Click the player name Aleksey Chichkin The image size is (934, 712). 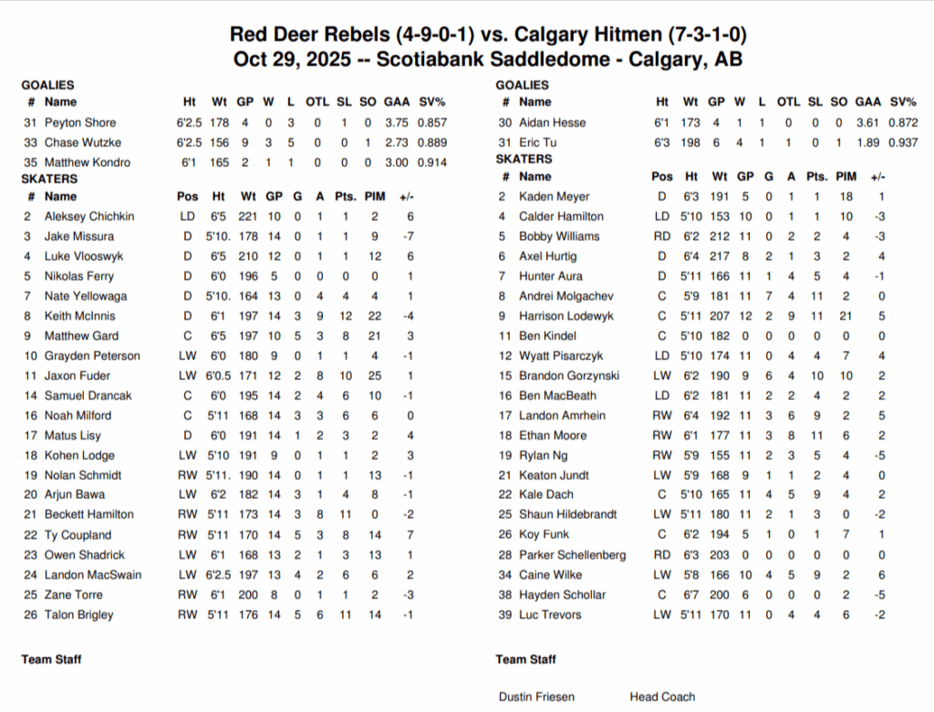[89, 217]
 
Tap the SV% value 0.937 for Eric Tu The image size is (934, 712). [903, 142]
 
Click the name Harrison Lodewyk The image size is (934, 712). [566, 316]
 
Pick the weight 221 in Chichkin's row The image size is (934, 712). [249, 217]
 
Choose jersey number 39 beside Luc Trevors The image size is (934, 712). [503, 614]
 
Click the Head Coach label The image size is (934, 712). [662, 697]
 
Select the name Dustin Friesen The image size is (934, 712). [536, 697]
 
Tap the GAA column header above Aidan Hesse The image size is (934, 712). [868, 102]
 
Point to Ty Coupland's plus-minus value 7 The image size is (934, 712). [411, 535]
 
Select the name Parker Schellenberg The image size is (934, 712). [572, 555]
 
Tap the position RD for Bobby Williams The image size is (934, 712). [662, 236]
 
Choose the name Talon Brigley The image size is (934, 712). [79, 614]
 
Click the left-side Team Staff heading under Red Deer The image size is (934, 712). [51, 658]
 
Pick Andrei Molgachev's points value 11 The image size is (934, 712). [816, 296]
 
